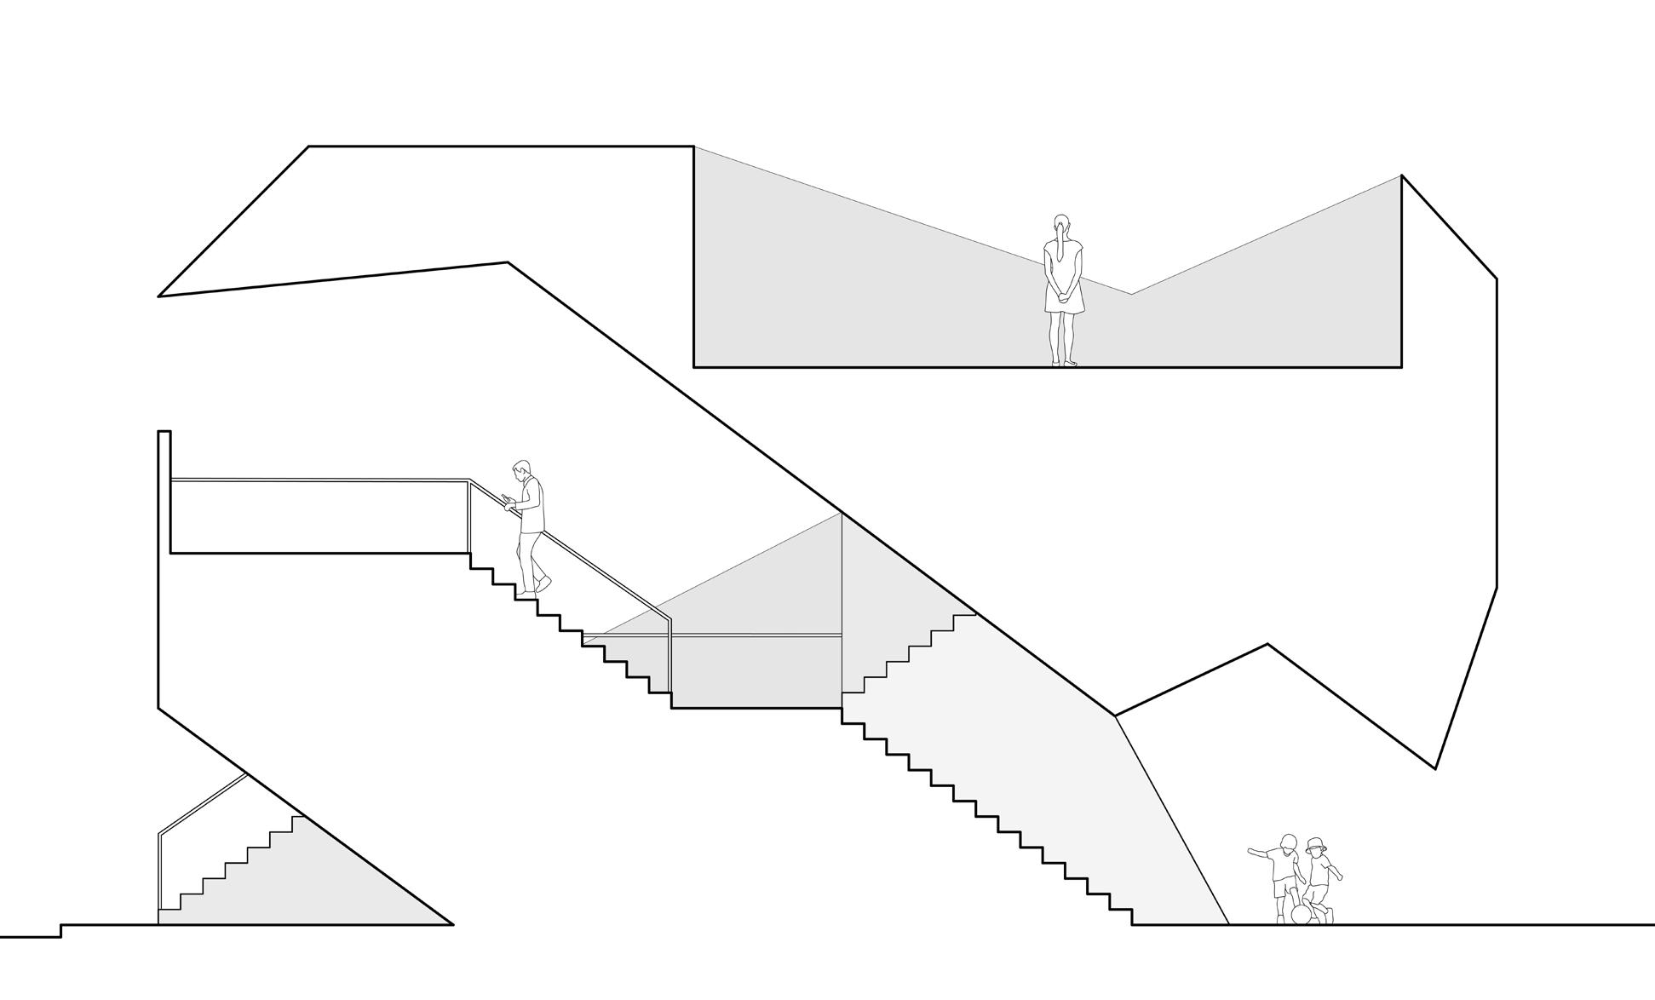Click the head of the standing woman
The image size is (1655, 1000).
pos(1060,225)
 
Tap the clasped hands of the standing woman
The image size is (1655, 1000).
pos(1062,296)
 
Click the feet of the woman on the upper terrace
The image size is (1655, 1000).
pos(1064,363)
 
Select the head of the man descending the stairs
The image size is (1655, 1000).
pos(521,470)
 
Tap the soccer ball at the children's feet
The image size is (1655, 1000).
pos(1301,915)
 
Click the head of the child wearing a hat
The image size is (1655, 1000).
pos(1316,848)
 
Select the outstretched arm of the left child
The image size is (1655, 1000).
pos(1260,852)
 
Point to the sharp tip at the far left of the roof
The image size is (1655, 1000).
pos(159,296)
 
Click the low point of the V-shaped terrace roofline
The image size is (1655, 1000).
pos(1131,294)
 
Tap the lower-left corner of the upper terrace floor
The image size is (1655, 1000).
pos(694,367)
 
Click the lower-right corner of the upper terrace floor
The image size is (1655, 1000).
pos(1401,367)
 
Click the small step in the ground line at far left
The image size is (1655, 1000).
pos(60,931)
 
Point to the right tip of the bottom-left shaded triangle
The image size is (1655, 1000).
pos(452,923)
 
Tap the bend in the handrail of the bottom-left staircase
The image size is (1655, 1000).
pos(159,833)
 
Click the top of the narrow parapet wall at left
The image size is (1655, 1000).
pos(164,432)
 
